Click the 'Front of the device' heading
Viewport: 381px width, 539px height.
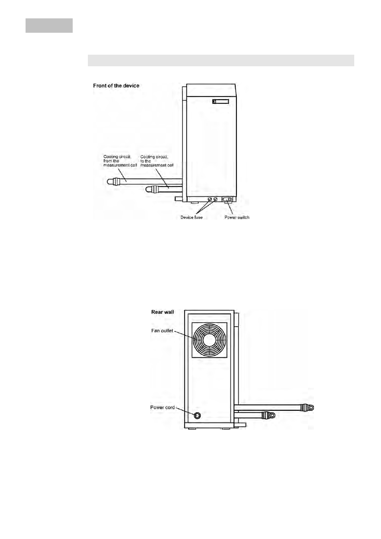point(116,86)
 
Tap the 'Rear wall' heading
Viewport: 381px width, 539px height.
point(163,312)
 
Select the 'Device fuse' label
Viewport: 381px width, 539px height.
point(192,217)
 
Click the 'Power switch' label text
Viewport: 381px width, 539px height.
point(237,217)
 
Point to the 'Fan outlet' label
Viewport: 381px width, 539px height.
point(162,331)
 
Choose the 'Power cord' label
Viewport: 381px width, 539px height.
point(163,407)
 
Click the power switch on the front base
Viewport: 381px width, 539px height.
point(228,199)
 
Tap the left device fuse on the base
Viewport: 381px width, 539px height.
point(210,199)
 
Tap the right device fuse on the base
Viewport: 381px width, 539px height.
point(215,199)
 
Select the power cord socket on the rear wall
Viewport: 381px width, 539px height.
point(197,415)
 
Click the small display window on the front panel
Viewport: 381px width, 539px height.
point(220,101)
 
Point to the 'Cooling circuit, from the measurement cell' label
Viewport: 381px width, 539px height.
point(120,161)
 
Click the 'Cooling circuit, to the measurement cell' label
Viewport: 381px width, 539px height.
point(157,161)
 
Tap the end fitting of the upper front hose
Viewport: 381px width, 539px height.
point(113,181)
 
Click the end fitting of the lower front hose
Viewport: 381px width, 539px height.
point(151,189)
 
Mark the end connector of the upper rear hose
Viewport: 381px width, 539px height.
point(307,407)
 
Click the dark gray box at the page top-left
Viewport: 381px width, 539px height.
point(49,26)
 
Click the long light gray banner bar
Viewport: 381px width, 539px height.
point(221,60)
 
